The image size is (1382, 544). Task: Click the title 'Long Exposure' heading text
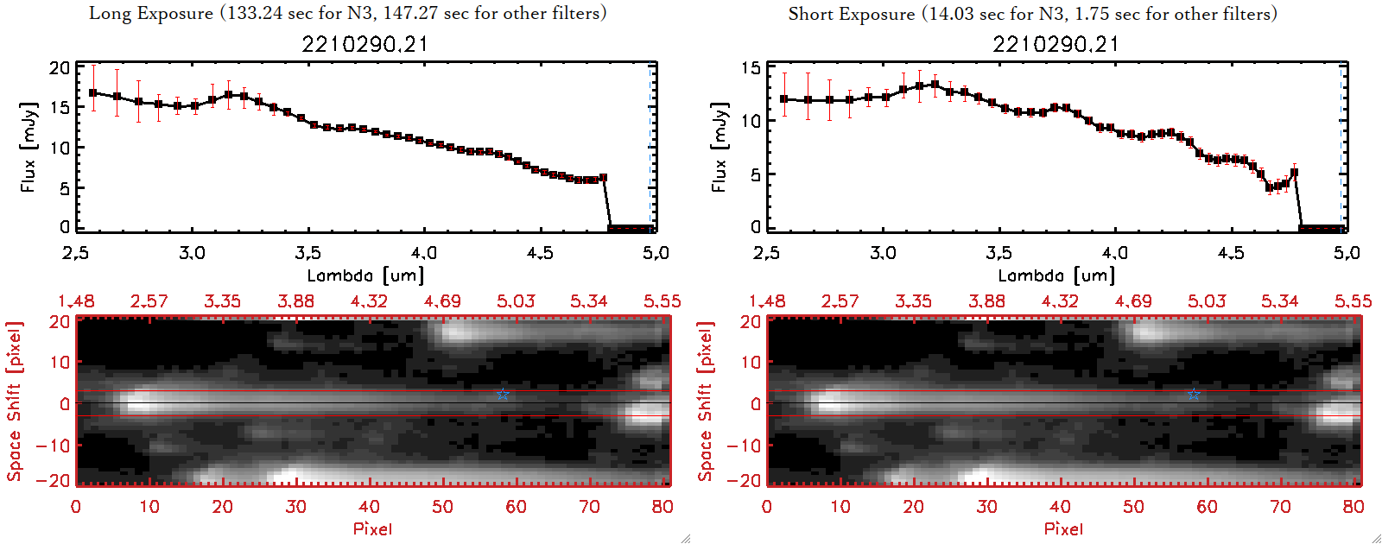[151, 13]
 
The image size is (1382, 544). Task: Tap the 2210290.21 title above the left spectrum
[365, 44]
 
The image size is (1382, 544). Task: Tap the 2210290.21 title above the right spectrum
[1056, 44]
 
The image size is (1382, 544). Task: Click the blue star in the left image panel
[503, 395]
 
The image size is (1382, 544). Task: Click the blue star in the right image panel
[1194, 395]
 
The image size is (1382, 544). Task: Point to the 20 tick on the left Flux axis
[60, 68]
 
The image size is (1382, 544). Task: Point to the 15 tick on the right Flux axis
[751, 68]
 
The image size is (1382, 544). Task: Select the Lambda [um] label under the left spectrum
[365, 275]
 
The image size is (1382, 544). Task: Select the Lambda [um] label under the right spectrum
[1056, 275]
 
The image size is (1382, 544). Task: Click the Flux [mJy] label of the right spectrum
[719, 148]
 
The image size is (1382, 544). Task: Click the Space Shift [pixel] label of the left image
[14, 402]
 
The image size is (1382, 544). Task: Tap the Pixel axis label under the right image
[1063, 528]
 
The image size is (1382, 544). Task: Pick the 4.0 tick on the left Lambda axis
[423, 253]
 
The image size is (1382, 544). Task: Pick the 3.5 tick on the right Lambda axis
[998, 253]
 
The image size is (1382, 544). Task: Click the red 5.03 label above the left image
[516, 301]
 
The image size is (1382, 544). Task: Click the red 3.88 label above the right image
[986, 301]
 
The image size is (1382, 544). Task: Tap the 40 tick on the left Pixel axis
[369, 507]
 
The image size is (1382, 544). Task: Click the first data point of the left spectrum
[93, 92]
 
